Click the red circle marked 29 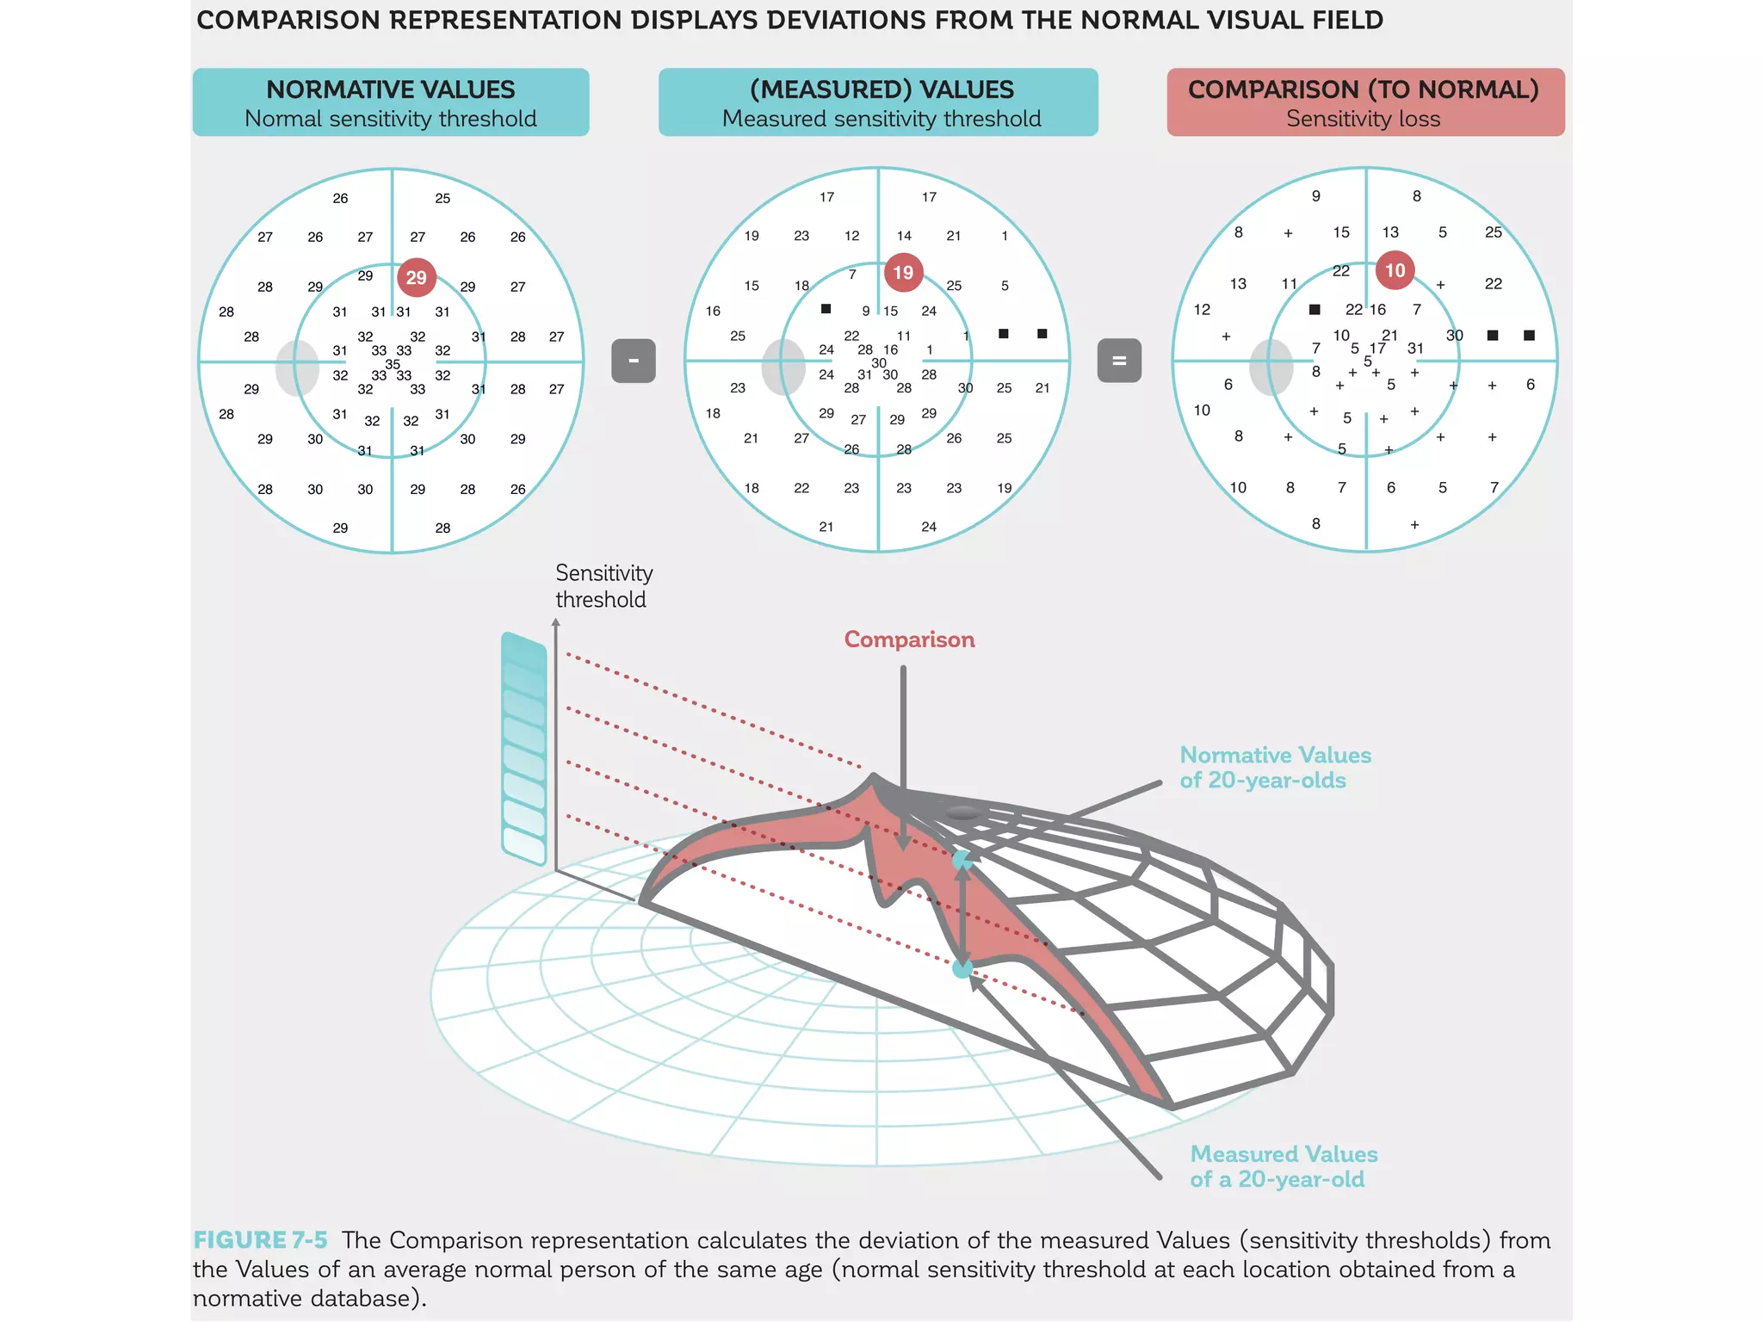coord(417,277)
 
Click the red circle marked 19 coord(903,272)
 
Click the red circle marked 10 coord(1395,270)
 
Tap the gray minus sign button coord(634,361)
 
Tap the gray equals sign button coord(1119,361)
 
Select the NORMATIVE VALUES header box coord(391,102)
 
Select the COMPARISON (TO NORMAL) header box coord(1365,102)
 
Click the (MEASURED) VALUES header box coord(878,102)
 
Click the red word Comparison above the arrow coord(909,639)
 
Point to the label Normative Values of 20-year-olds coord(1274,767)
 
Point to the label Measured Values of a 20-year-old coord(1283,1166)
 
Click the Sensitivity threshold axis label coord(603,586)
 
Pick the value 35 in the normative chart coord(393,364)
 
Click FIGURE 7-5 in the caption coord(260,1240)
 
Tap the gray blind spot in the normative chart coord(297,368)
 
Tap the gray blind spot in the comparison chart coord(1271,368)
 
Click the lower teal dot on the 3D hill coord(962,969)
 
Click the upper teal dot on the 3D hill coord(962,859)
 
